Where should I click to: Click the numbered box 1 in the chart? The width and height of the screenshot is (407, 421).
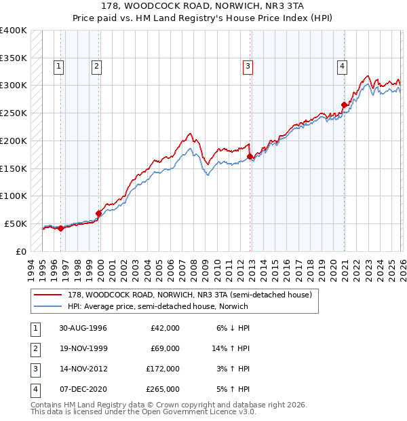59,66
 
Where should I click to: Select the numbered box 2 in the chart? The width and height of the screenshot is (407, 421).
97,66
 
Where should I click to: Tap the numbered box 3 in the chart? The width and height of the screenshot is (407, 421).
248,66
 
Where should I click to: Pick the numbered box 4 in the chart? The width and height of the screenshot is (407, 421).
343,66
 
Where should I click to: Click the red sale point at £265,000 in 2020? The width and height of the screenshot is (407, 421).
344,105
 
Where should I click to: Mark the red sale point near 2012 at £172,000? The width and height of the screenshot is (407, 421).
250,156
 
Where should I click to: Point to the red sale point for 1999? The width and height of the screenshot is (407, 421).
98,213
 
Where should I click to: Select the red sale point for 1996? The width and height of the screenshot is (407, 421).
61,228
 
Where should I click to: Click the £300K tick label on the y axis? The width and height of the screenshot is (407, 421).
14,86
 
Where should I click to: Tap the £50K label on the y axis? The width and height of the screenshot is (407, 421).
16,223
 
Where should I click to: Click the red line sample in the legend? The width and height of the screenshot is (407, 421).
48,295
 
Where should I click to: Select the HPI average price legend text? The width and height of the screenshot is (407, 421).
157,306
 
